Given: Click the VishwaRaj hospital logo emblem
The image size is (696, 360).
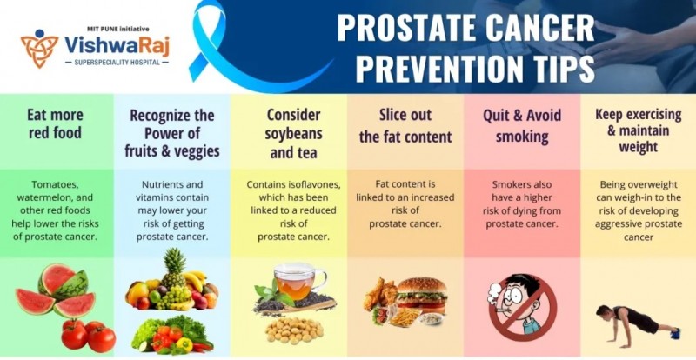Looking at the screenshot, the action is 39,48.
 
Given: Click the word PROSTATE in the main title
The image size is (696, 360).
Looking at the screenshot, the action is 407,29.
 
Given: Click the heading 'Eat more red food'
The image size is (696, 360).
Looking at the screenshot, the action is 55,123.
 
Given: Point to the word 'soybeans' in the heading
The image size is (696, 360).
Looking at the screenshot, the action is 293,134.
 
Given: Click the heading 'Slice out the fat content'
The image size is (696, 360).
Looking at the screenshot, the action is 405,125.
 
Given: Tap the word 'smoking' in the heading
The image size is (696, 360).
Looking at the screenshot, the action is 522,137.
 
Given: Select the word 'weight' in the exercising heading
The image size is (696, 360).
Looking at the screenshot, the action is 639,147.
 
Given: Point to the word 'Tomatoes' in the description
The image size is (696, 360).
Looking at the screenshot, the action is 55,184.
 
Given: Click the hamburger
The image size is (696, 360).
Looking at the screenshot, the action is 420,294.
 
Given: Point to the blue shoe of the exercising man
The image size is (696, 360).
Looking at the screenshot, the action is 675,333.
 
